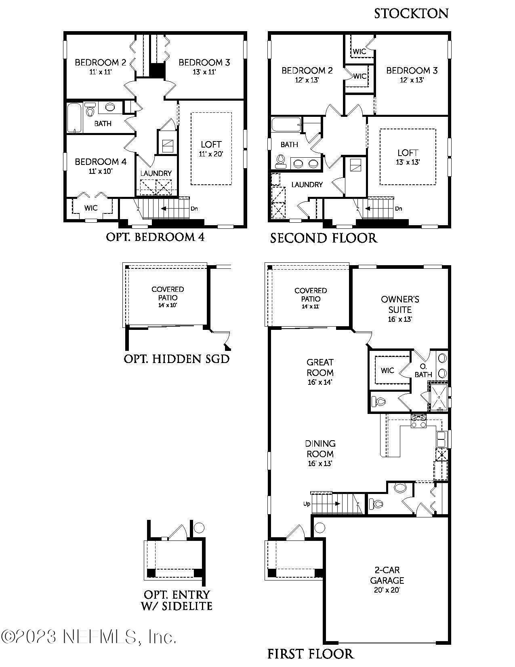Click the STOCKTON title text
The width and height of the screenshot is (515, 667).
coord(411,13)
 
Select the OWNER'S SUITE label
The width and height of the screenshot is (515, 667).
coord(399,309)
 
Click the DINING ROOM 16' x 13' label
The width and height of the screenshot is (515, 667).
coord(320,453)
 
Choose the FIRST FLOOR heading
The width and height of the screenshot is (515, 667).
coord(310,654)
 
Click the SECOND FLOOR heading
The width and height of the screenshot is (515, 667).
coord(324,238)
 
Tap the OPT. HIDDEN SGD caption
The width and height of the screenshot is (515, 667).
coord(177,359)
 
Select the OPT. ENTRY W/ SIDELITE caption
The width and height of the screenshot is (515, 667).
coord(177,600)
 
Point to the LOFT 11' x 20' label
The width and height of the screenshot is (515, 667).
coord(211,148)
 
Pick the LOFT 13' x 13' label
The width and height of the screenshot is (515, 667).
coord(408,157)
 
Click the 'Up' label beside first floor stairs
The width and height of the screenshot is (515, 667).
coord(307,504)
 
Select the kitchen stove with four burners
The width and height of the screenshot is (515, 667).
coord(418,421)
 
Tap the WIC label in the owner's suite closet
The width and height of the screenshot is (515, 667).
coord(387,370)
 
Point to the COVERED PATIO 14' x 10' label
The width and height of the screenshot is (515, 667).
coord(168,297)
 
